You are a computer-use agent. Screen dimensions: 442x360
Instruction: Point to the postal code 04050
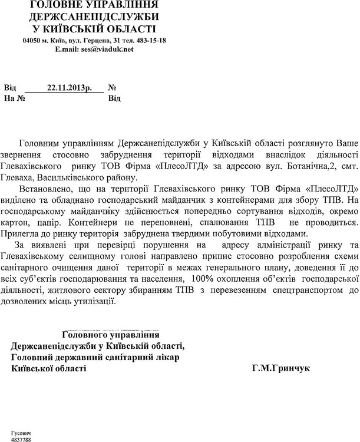click(x=31, y=40)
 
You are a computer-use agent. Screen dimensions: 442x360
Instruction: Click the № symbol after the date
click(x=112, y=88)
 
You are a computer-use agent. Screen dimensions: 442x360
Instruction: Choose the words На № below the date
click(x=14, y=98)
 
